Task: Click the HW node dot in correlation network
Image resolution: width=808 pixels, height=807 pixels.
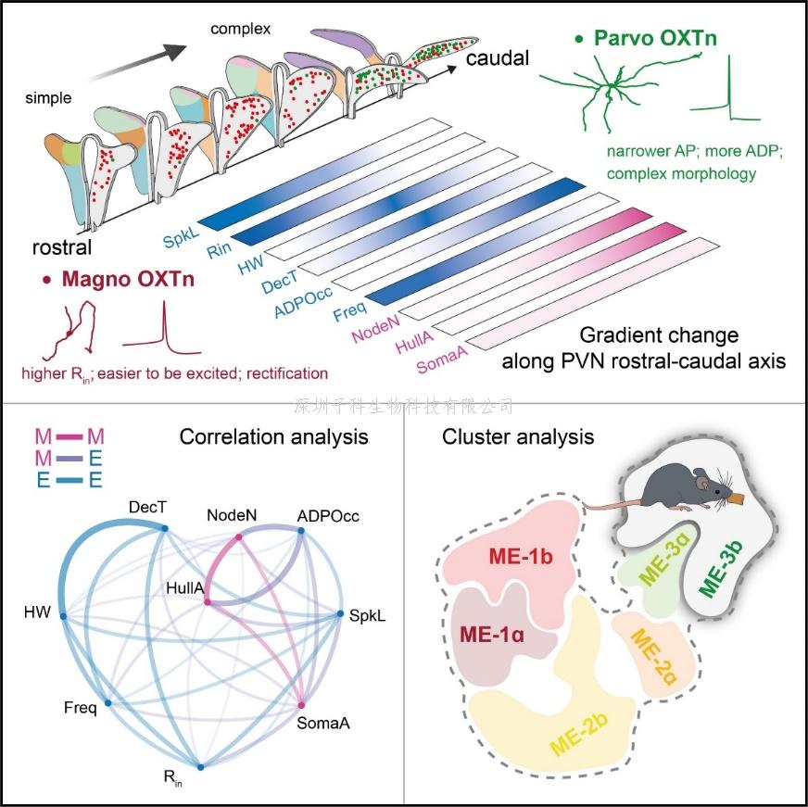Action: tap(63, 614)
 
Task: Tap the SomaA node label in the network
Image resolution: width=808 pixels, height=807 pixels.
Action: tap(321, 724)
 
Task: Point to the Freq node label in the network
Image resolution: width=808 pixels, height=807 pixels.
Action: tap(80, 709)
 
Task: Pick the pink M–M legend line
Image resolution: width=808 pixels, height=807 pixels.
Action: tap(70, 435)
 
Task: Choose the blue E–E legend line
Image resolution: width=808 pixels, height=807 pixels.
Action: tap(70, 480)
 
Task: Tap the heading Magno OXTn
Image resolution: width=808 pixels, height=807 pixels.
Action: tap(128, 279)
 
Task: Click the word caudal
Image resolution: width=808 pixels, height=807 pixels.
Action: tap(497, 58)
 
